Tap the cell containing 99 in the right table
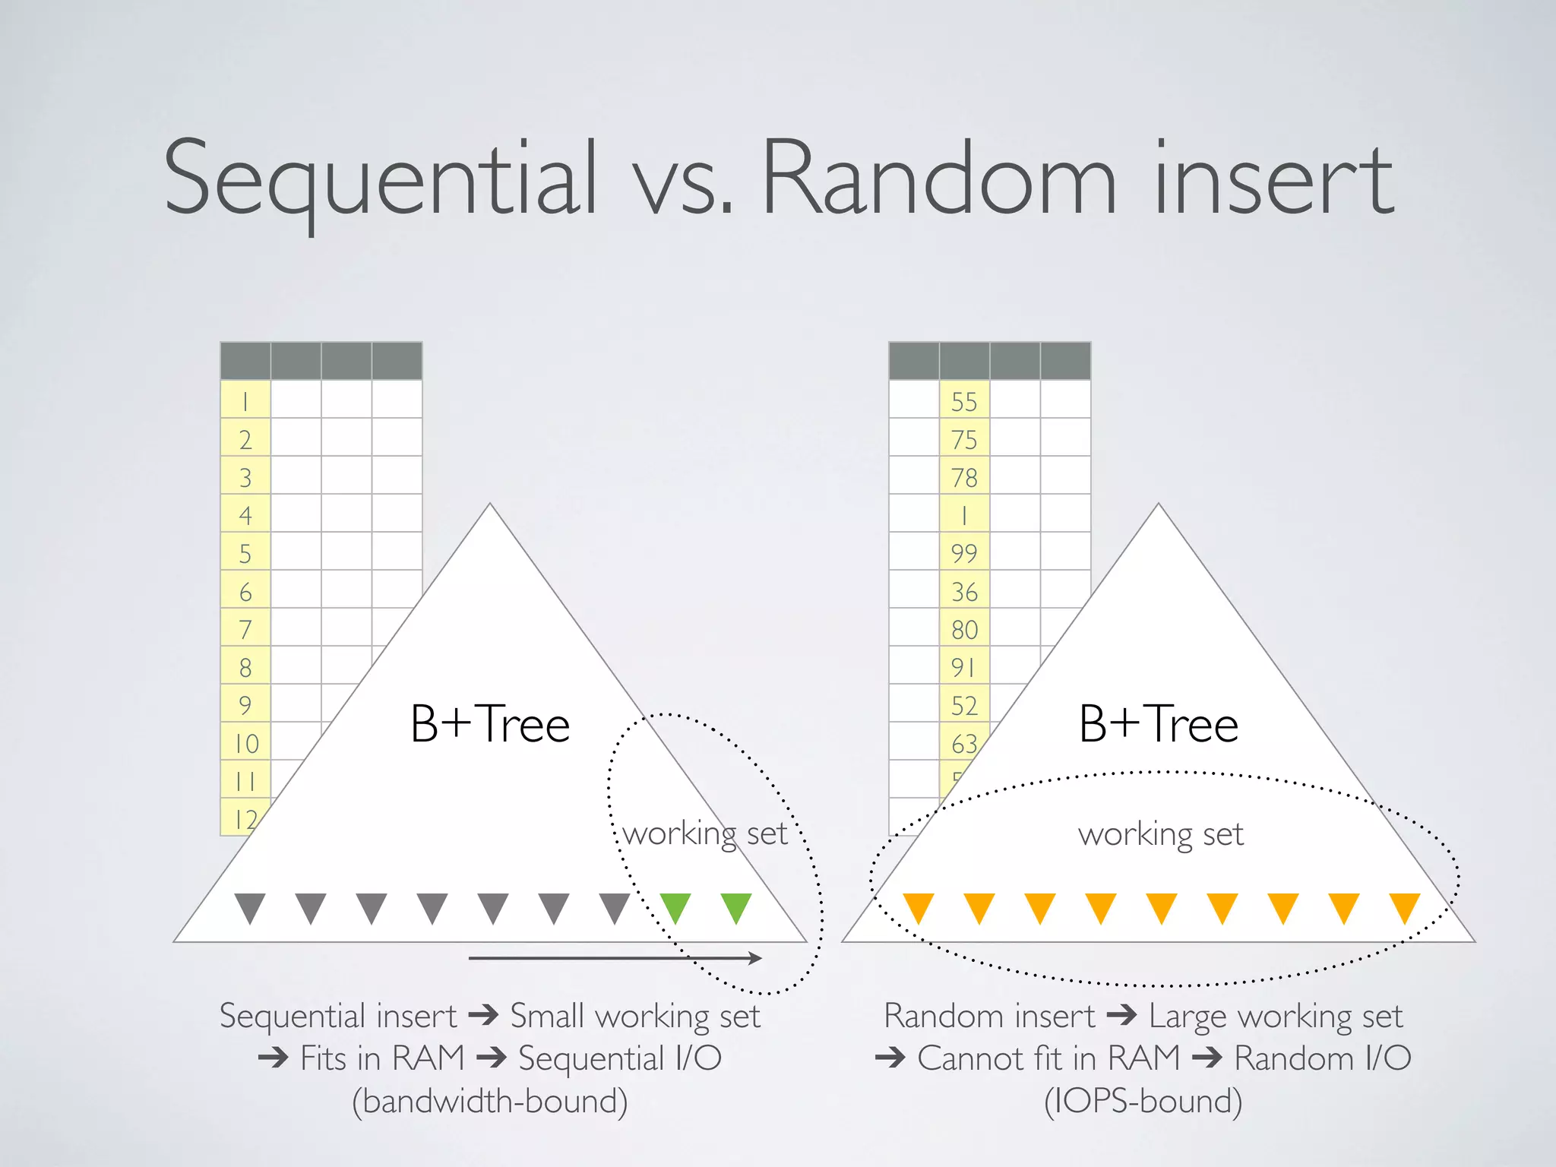tap(964, 552)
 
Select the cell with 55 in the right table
tap(964, 400)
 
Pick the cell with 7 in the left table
tap(245, 628)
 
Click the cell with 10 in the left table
tap(245, 742)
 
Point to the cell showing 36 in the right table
tap(964, 590)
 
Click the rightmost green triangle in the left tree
tap(736, 906)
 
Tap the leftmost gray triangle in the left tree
tap(250, 906)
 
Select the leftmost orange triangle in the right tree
tap(918, 906)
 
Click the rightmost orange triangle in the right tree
tap(1404, 906)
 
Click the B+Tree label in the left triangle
tap(490, 724)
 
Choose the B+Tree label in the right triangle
tap(1159, 724)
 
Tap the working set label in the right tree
tap(1160, 834)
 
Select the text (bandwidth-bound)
tap(490, 1101)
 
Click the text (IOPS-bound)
tap(1143, 1101)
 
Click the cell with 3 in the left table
tap(245, 476)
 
